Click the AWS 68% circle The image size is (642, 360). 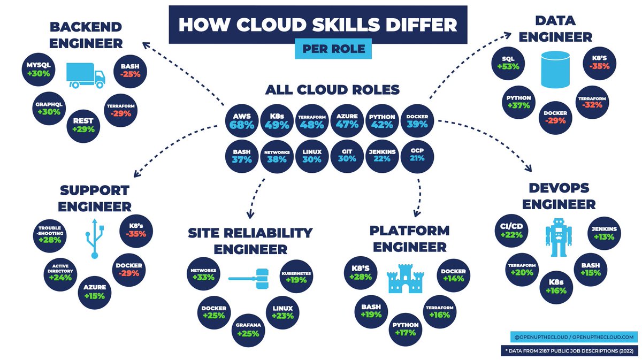(x=242, y=121)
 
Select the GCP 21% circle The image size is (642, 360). (x=417, y=156)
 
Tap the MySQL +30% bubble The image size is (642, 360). (x=39, y=70)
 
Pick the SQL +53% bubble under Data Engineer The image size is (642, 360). (x=508, y=63)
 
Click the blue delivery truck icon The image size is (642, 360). (x=86, y=75)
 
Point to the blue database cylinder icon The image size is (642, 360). (x=555, y=70)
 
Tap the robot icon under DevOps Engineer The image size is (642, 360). (x=559, y=238)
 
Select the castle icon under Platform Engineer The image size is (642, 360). (x=406, y=279)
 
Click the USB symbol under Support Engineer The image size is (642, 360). (x=95, y=239)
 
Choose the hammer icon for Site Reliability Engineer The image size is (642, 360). (x=249, y=279)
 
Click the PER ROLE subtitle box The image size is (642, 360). (x=333, y=49)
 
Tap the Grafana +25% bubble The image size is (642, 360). (x=248, y=330)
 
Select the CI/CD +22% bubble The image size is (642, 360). (x=511, y=231)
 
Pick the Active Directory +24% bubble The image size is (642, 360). (x=60, y=274)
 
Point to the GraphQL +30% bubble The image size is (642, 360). (x=49, y=109)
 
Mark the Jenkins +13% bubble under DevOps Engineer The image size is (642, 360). (x=604, y=233)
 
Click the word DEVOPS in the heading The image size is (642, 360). (x=559, y=188)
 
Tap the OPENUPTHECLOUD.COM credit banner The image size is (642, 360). (x=574, y=337)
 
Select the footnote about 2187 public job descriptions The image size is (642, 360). (x=569, y=351)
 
